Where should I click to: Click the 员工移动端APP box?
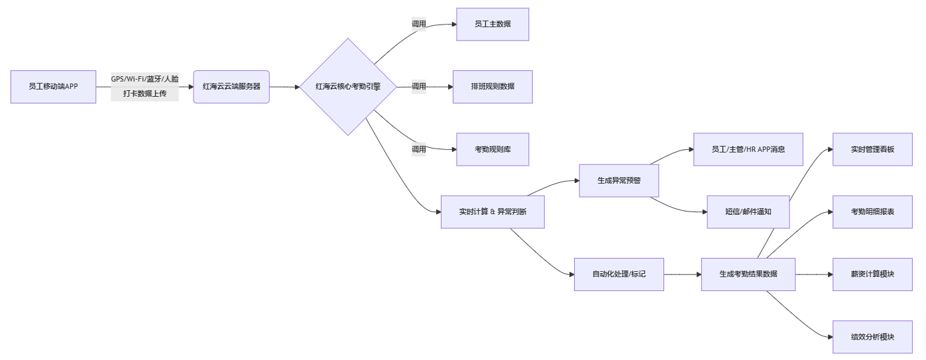(53, 87)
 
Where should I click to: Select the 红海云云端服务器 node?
(231, 87)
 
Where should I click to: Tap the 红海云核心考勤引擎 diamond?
(347, 87)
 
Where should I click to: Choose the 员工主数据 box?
(492, 25)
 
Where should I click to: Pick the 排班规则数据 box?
(492, 87)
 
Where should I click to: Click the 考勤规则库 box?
(492, 149)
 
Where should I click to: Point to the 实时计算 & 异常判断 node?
(492, 211)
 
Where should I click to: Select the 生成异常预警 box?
(618, 180)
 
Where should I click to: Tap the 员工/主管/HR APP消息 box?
(748, 149)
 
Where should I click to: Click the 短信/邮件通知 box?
(748, 211)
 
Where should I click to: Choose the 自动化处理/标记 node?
(618, 274)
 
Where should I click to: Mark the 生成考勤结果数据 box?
(748, 274)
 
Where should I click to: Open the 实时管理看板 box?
(872, 149)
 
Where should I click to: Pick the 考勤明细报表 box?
(872, 211)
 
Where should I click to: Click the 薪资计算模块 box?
(872, 274)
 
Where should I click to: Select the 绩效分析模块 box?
(872, 337)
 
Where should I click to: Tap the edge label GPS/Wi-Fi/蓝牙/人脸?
(145, 79)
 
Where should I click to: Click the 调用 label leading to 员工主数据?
(418, 24)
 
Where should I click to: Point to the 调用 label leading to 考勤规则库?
(418, 149)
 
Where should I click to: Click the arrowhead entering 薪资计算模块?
(829, 274)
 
